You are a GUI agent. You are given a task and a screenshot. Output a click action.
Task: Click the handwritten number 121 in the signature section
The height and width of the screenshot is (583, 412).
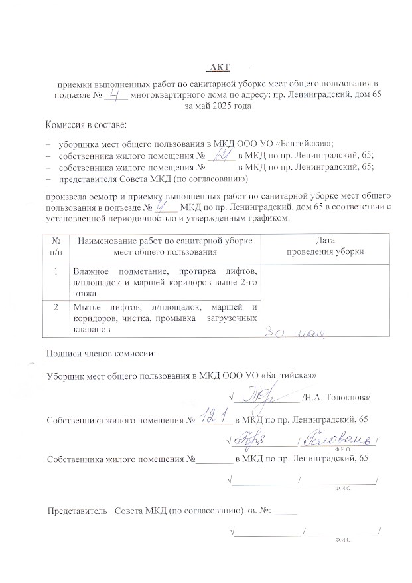[x=213, y=418]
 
